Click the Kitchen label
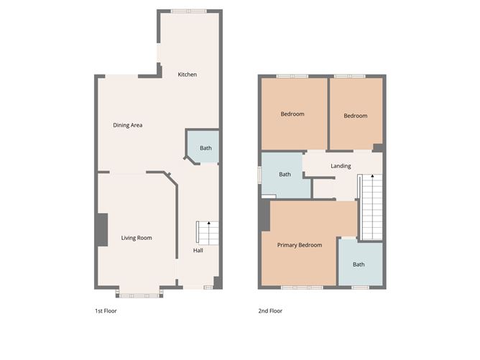[188, 75]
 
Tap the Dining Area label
[128, 125]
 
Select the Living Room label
[137, 238]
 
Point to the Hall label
[198, 251]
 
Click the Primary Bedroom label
[300, 245]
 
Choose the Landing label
[341, 166]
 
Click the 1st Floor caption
[106, 311]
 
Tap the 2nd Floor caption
[271, 311]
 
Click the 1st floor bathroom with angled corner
[204, 147]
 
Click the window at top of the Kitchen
[189, 11]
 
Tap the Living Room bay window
[139, 293]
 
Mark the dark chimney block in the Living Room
[103, 230]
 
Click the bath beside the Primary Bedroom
[359, 264]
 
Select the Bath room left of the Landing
[285, 175]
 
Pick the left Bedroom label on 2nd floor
[292, 114]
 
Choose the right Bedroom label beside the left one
[355, 116]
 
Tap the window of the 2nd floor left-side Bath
[260, 175]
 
